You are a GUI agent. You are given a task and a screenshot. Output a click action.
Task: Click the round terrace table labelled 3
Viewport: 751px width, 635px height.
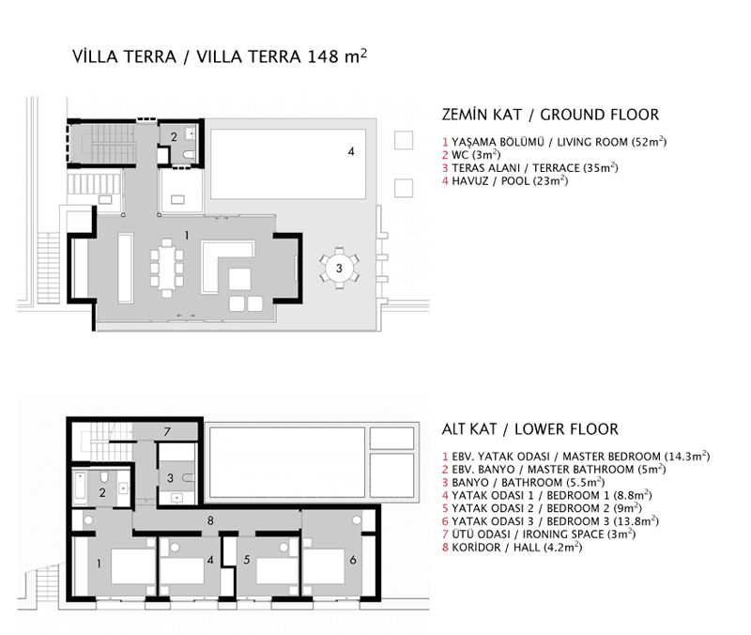[x=339, y=269]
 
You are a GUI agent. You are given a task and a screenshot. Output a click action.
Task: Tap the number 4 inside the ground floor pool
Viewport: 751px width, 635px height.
[x=351, y=150]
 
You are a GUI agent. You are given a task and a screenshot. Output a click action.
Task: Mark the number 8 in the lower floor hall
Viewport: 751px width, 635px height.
[x=211, y=519]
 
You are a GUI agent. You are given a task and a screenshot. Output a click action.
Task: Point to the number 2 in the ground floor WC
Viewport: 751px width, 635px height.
[x=173, y=136]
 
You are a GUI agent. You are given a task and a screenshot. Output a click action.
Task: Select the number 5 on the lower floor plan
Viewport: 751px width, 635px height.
[x=245, y=561]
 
